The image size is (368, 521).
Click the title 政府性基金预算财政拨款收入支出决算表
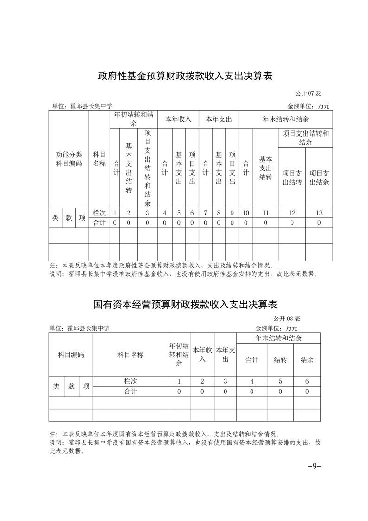point(184,76)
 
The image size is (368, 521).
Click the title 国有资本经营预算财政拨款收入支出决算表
point(184,305)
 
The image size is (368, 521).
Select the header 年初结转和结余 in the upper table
point(133,119)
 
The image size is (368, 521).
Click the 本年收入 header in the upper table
point(178,119)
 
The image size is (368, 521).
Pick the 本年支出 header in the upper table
point(219,119)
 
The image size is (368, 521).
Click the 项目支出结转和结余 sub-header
point(305,138)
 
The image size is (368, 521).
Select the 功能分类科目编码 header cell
point(69,159)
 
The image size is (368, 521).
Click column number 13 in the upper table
point(319,213)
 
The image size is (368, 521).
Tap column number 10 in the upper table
point(246,213)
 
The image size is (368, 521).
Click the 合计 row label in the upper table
point(99,223)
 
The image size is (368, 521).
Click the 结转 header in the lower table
point(280,359)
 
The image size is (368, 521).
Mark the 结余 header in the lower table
point(307,359)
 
